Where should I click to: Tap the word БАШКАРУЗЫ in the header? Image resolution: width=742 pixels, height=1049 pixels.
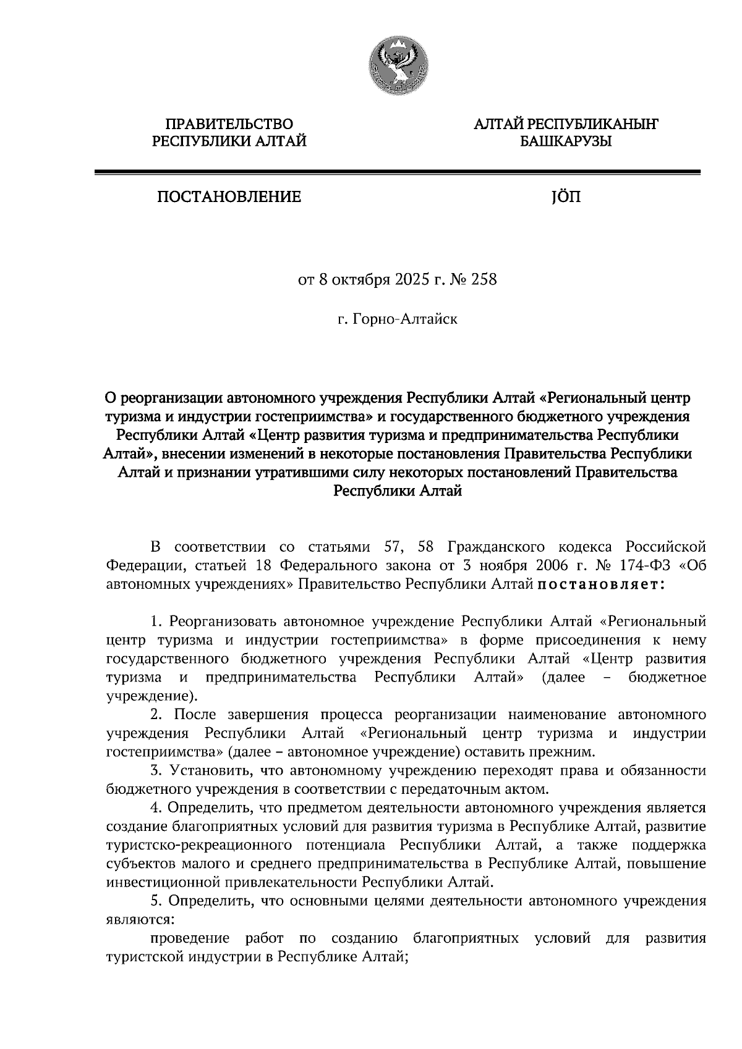(565, 142)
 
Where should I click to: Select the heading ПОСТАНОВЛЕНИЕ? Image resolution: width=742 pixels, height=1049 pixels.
(229, 197)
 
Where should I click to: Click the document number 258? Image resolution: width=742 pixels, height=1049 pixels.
(484, 280)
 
